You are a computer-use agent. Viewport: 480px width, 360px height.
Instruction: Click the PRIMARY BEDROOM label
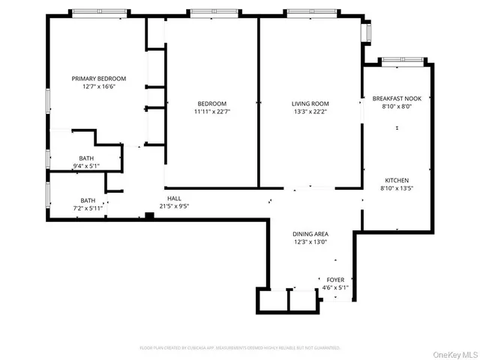point(98,79)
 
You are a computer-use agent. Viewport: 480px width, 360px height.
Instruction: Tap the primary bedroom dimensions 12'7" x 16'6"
point(98,87)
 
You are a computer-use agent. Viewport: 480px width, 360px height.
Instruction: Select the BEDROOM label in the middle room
point(208,103)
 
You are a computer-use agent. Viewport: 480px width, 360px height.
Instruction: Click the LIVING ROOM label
point(310,103)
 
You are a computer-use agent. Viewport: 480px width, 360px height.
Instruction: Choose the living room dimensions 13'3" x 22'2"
point(310,112)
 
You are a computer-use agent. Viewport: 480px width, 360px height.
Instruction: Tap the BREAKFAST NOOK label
point(397,98)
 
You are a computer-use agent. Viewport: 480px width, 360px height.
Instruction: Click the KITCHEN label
point(397,181)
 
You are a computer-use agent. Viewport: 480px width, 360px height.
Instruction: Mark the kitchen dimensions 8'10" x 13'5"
point(397,189)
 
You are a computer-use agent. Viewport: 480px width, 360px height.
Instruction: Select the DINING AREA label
point(310,234)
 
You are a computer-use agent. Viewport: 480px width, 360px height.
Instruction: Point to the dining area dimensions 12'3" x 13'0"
point(310,242)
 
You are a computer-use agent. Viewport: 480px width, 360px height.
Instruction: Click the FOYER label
point(335,279)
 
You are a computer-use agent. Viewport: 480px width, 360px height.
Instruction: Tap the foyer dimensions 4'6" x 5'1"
point(335,287)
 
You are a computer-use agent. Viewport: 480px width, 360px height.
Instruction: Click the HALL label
point(173,197)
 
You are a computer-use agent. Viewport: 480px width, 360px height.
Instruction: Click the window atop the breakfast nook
point(397,59)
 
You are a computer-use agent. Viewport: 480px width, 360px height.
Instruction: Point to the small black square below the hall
point(150,216)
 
